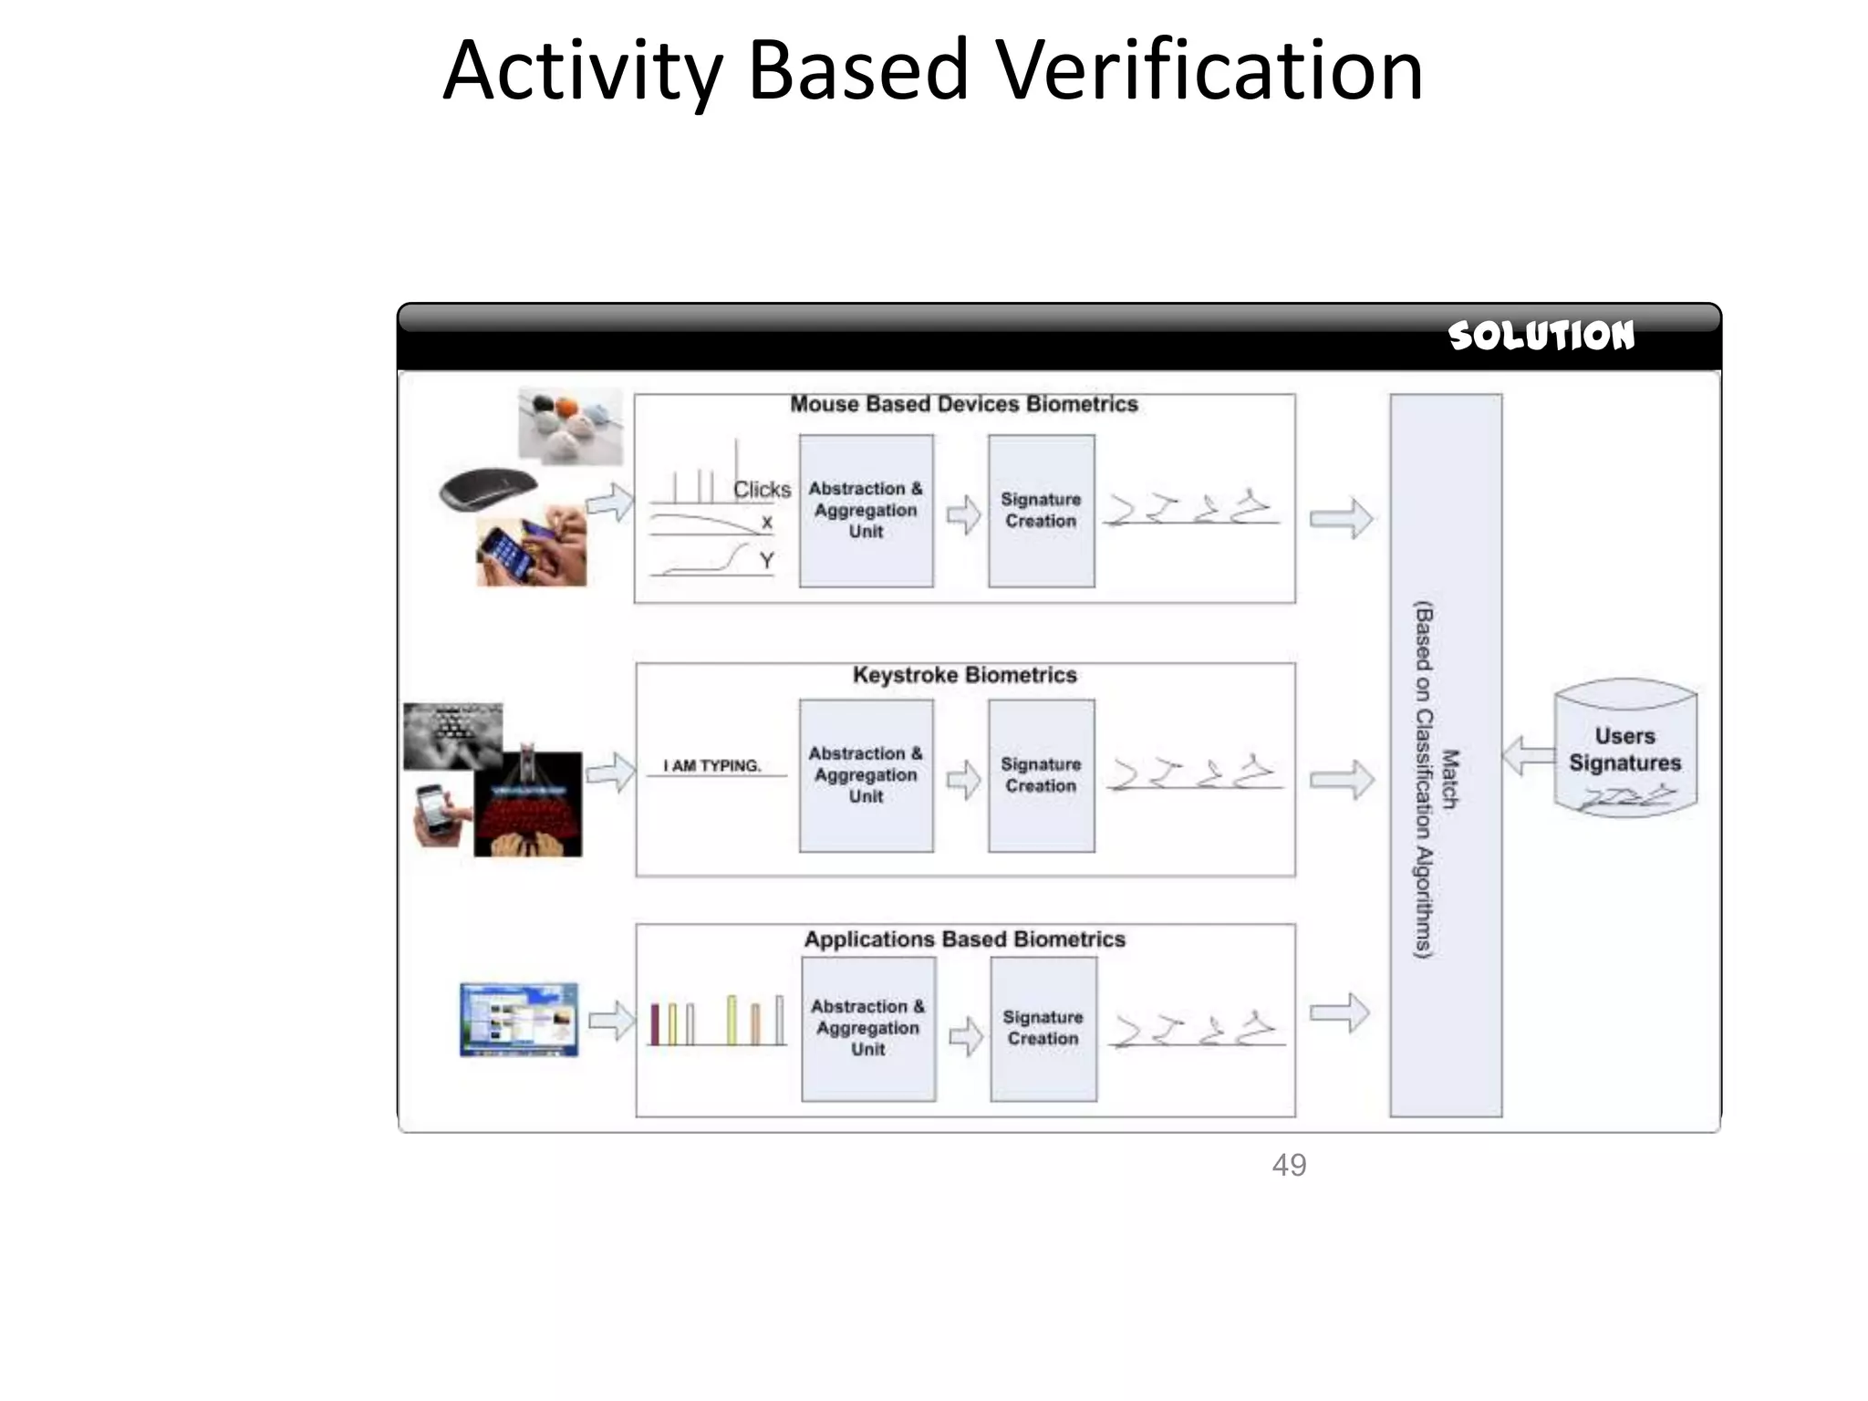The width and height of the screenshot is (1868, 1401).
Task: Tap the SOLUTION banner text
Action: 1541,336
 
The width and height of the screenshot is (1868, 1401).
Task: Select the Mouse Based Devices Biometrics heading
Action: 964,404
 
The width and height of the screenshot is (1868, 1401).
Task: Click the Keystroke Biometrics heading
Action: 964,675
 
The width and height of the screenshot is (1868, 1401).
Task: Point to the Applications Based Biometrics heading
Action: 964,939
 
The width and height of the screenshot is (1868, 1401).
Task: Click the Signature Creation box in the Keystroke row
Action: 1041,775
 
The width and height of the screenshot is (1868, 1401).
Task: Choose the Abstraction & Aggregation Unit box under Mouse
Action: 866,511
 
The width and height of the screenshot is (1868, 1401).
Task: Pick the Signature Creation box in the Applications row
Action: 1043,1028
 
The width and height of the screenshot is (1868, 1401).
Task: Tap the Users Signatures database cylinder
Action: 1624,748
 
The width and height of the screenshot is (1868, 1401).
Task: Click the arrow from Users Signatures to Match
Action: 1528,756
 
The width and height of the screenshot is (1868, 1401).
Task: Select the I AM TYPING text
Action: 711,766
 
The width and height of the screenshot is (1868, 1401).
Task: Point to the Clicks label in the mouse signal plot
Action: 762,490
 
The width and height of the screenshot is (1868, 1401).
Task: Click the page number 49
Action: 1289,1165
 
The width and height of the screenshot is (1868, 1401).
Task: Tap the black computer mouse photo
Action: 488,490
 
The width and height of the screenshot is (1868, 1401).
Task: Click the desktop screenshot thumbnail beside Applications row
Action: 518,1019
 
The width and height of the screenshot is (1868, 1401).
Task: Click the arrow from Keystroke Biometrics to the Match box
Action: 1341,780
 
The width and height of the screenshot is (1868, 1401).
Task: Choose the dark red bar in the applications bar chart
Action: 655,1023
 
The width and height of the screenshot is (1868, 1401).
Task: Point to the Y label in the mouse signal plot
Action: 766,560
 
